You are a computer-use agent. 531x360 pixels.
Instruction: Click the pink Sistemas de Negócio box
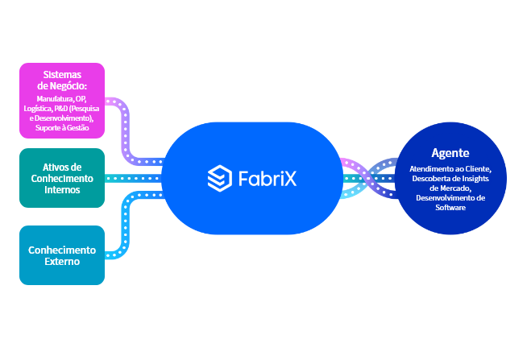tap(62, 100)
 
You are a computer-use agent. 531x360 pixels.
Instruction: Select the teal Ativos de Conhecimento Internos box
tap(62, 178)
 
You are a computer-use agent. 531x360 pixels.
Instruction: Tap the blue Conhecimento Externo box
tap(62, 255)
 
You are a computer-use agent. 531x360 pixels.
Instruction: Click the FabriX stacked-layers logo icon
tap(219, 178)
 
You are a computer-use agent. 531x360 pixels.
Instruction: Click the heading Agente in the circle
tap(450, 152)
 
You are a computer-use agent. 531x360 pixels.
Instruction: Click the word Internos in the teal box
tap(62, 190)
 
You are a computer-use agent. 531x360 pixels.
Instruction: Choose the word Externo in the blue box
tap(62, 262)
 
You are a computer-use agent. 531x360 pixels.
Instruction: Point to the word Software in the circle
tap(450, 208)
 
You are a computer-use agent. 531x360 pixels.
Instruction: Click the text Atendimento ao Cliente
tap(450, 168)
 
